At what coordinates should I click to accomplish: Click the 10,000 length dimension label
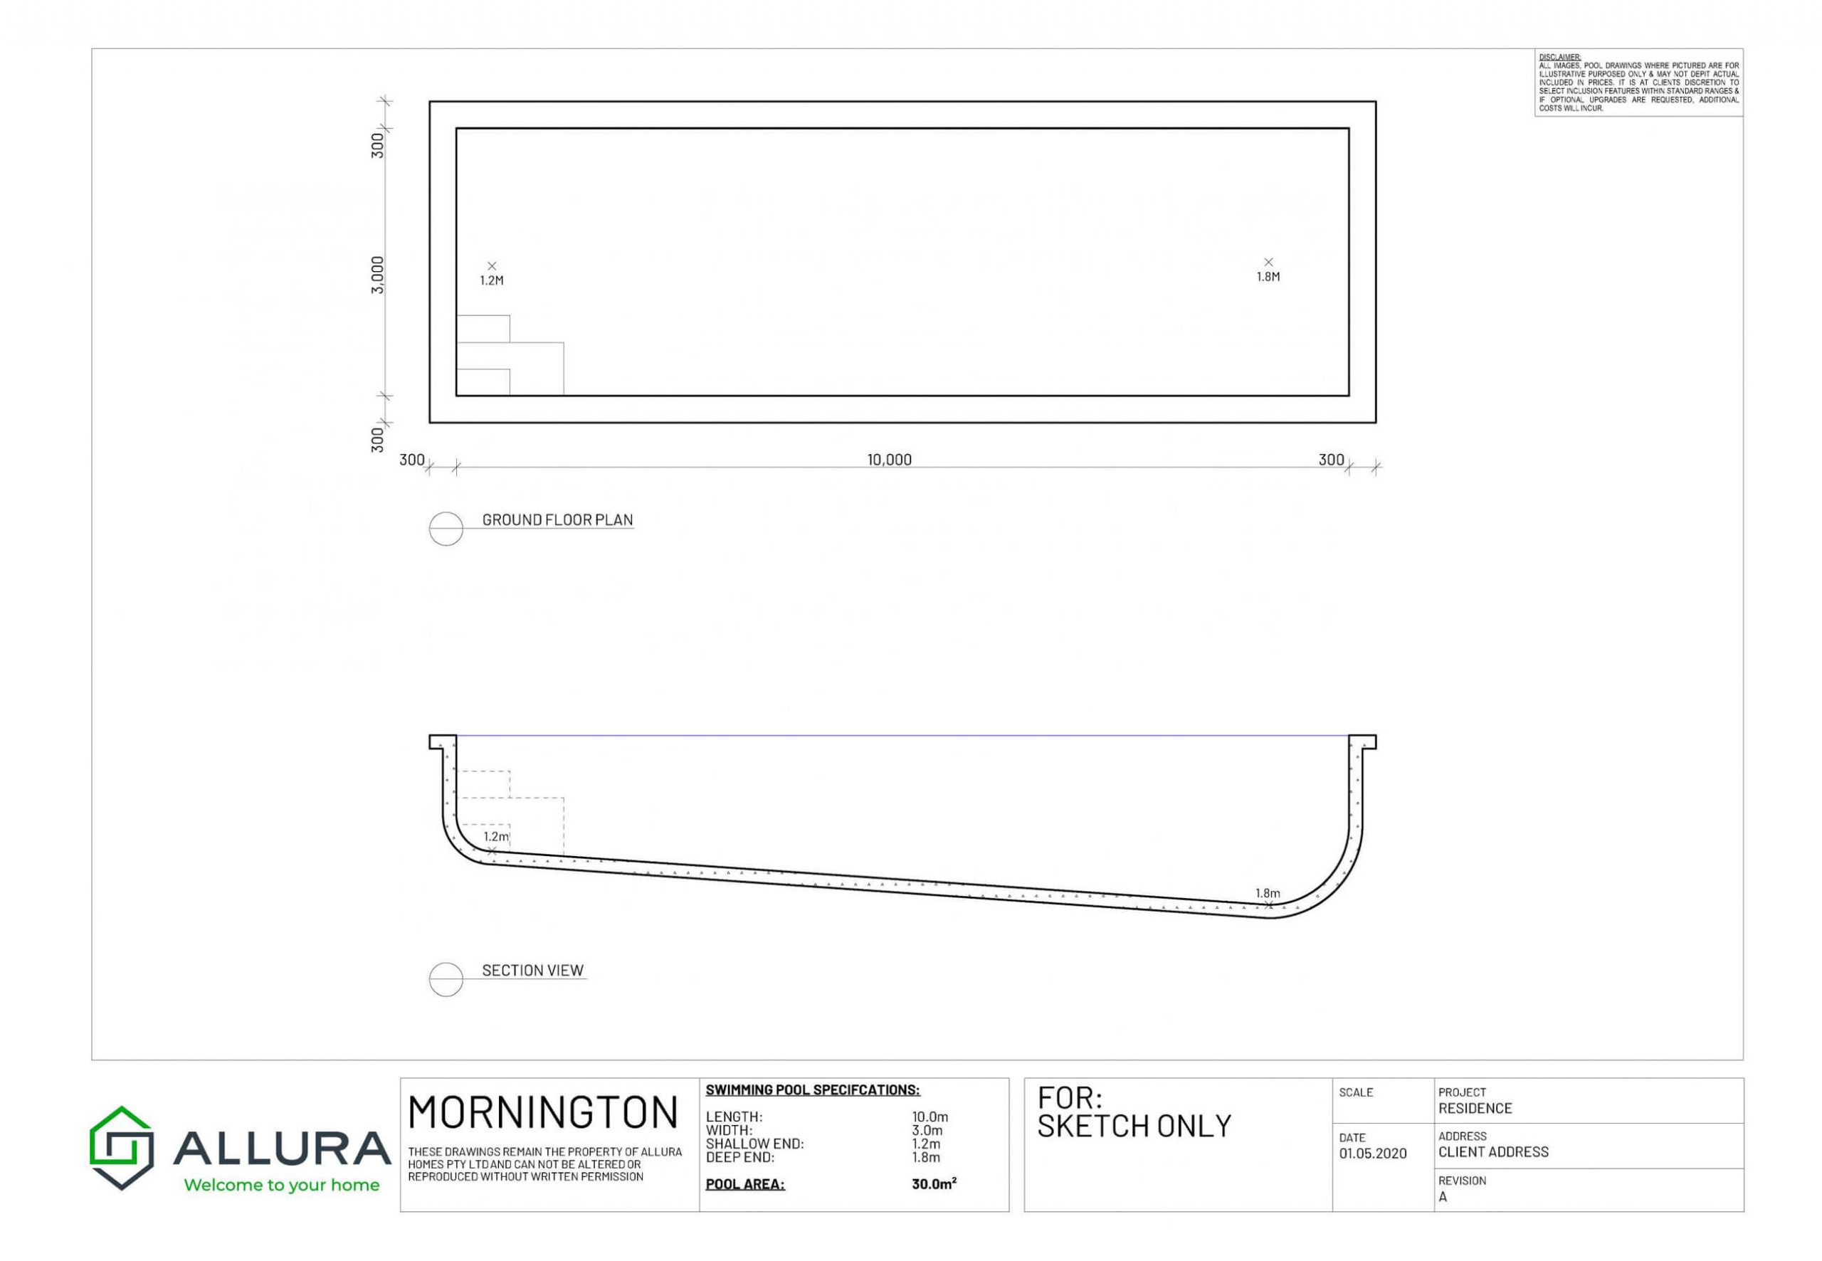(x=889, y=460)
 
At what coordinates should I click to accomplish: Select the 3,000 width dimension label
(x=378, y=275)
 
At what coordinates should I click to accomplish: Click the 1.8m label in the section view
(x=1268, y=894)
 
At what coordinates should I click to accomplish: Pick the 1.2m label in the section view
(x=496, y=837)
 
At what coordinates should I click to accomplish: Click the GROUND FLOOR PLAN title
(x=557, y=520)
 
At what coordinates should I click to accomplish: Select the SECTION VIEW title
(x=532, y=970)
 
